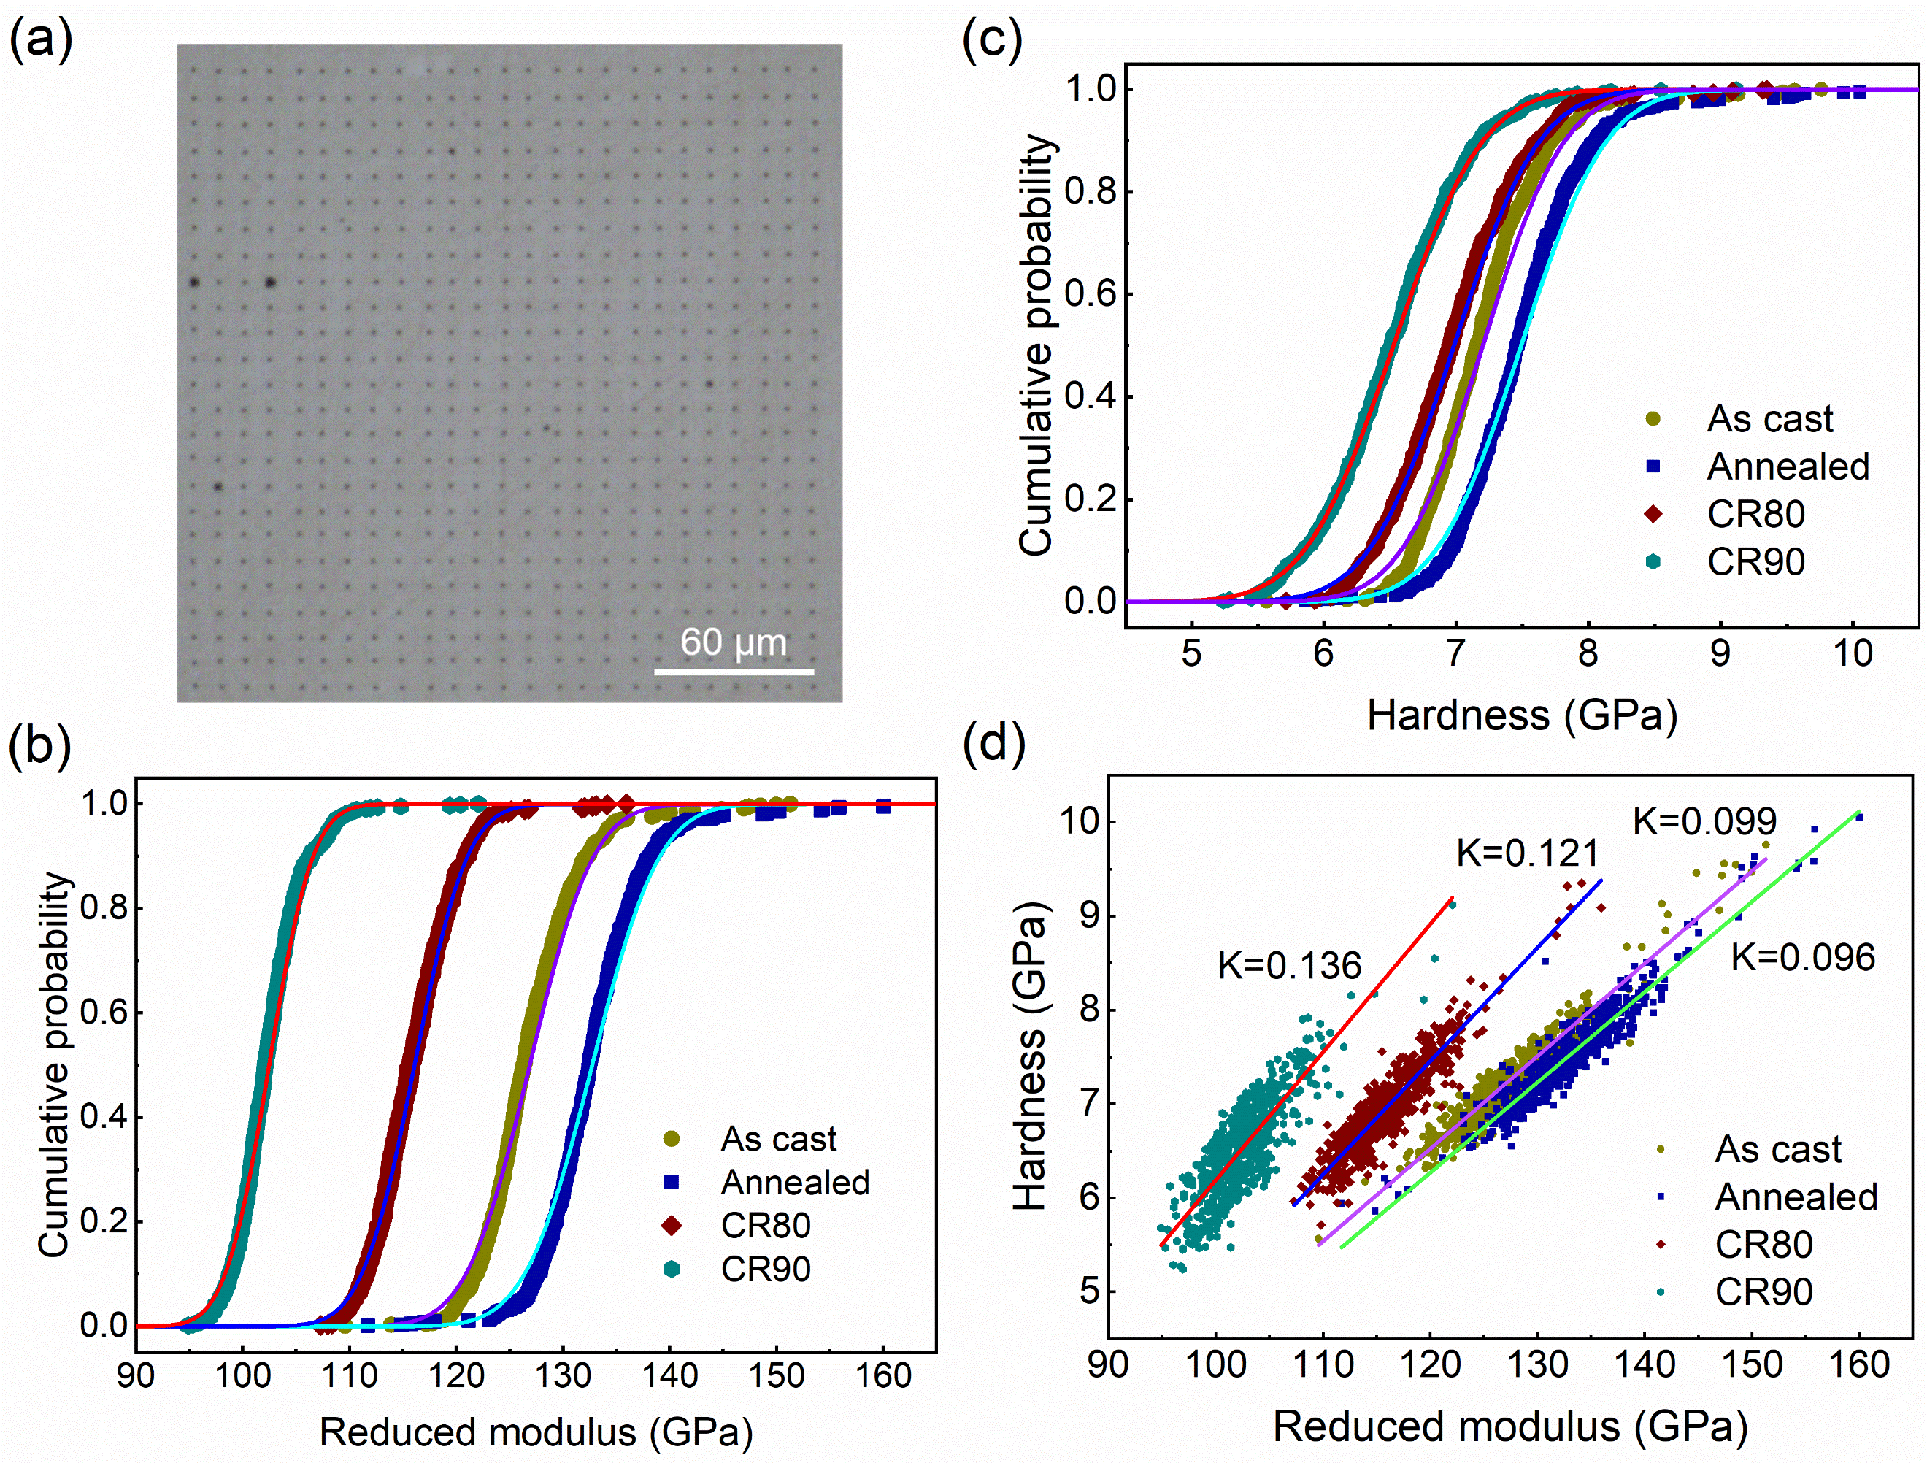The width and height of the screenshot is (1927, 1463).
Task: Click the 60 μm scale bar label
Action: point(733,643)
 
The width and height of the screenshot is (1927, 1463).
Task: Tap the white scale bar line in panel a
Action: point(734,672)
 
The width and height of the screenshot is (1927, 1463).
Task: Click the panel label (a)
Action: point(40,39)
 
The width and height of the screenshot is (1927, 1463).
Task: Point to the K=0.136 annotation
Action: point(1288,965)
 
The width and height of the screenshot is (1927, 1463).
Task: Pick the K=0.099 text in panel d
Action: point(1704,821)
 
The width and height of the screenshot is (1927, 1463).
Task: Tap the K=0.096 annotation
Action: point(1802,957)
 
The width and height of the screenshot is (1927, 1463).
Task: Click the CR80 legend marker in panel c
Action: point(1653,514)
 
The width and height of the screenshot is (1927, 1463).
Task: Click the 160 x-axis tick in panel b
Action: point(882,1376)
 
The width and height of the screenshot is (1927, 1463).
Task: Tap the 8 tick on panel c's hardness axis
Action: point(1588,653)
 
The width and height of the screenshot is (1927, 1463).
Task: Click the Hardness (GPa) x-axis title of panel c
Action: point(1522,716)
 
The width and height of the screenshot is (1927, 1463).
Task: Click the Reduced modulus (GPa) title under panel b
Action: point(536,1432)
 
